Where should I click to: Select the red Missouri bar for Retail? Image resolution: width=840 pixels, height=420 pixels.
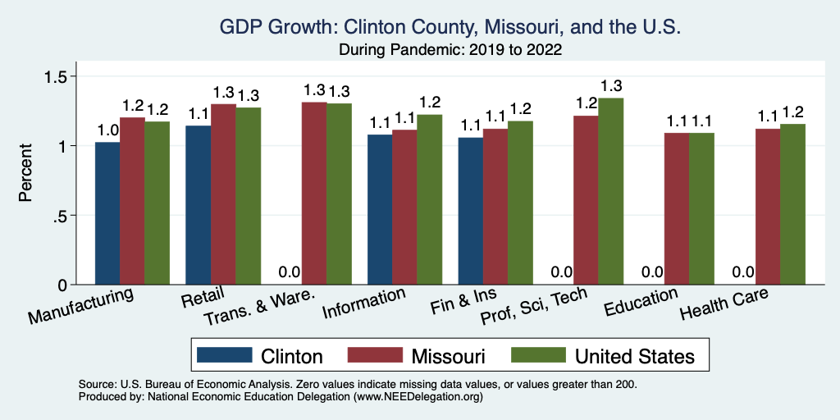point(223,194)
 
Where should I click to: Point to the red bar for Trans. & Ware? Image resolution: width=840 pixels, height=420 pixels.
point(314,193)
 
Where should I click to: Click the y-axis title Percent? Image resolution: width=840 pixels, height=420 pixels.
point(27,175)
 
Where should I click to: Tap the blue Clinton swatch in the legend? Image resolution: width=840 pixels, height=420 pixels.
point(224,355)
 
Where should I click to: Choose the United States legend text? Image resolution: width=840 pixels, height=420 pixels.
point(635,356)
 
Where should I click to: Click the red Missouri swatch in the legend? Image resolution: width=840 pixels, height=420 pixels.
point(376,355)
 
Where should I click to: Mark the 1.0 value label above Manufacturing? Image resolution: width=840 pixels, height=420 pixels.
point(107,130)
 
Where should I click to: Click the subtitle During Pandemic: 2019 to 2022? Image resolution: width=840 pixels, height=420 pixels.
point(450,49)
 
